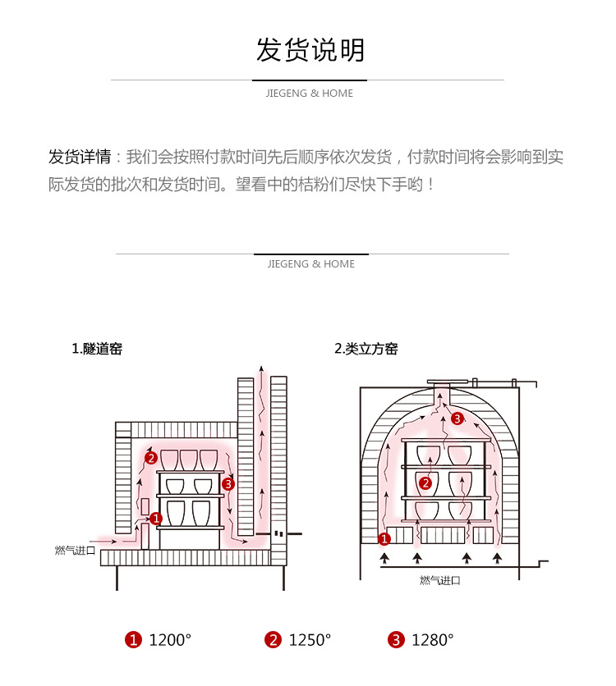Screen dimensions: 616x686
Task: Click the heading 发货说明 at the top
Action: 310,51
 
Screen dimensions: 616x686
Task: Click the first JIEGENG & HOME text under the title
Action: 310,94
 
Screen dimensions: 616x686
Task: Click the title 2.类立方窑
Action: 365,349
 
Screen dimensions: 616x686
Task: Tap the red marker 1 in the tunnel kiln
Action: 156,518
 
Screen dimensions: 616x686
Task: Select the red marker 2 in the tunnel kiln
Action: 149,457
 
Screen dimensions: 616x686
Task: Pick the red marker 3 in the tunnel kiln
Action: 228,484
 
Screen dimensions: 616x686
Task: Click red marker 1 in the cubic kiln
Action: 384,539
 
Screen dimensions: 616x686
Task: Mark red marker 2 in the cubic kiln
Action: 425,482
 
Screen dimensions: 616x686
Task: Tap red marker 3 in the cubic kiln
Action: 457,418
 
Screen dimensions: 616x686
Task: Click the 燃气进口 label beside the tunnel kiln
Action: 76,551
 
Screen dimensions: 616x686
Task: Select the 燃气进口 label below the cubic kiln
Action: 439,580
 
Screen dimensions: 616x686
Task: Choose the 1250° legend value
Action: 310,640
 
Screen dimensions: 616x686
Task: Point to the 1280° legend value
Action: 432,640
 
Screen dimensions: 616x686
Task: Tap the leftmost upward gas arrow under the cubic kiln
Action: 384,560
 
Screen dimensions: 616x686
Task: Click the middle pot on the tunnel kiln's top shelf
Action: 189,460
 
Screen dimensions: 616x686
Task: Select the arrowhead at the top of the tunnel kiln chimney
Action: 262,367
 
